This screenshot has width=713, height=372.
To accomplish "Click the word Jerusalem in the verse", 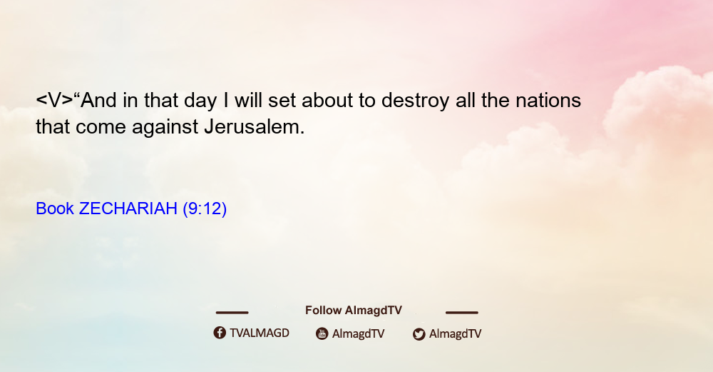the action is tap(255, 126).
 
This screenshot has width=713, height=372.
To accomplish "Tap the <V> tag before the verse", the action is tap(55, 100).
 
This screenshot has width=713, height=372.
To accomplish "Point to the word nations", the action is tap(548, 100).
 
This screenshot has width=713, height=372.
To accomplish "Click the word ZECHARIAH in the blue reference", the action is tap(128, 208).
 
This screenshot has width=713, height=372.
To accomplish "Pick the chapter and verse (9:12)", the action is tap(205, 209).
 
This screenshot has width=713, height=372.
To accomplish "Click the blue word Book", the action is tap(55, 208).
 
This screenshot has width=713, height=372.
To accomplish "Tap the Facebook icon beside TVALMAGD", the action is tap(220, 333).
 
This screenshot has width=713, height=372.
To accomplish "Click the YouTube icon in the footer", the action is tap(322, 333).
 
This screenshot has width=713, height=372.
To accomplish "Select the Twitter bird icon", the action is tap(419, 334).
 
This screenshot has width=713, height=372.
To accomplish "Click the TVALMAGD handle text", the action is tap(260, 333).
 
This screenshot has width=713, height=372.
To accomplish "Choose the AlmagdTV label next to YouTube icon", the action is tap(359, 333).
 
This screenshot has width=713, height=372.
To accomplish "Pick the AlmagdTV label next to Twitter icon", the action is tap(455, 333).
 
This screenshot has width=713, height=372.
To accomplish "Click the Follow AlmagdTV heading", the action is tap(354, 310).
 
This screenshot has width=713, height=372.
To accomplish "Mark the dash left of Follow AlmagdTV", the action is tap(232, 312).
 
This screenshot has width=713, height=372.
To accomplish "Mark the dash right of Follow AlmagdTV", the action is tap(462, 312).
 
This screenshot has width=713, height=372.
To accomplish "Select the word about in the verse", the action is tap(327, 100).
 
